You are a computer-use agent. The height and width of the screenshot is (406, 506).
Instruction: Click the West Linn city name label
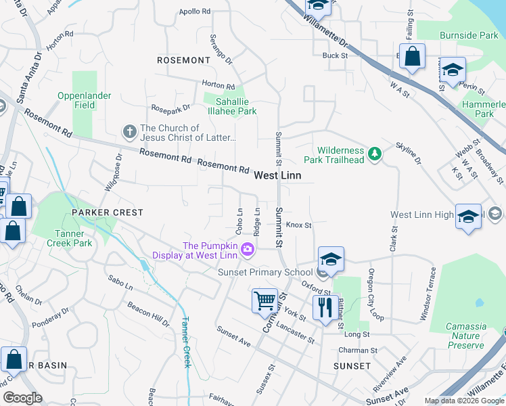click(x=277, y=175)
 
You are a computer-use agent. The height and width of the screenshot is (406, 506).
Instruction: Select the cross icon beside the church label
click(x=129, y=131)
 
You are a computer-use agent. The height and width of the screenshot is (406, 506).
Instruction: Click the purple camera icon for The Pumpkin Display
click(x=248, y=250)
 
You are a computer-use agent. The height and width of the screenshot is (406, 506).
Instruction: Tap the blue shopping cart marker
click(x=264, y=300)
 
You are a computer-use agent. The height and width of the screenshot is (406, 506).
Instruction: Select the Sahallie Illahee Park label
click(x=231, y=106)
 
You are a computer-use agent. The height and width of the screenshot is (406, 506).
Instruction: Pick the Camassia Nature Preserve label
click(x=465, y=336)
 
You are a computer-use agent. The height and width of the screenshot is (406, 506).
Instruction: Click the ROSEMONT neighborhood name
click(x=183, y=60)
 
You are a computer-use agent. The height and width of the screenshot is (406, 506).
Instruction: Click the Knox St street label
click(x=298, y=225)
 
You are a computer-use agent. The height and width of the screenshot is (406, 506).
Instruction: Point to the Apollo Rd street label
click(x=195, y=12)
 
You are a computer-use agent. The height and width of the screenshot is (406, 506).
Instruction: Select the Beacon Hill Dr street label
click(x=148, y=315)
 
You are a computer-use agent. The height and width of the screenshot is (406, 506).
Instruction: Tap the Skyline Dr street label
click(x=408, y=158)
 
